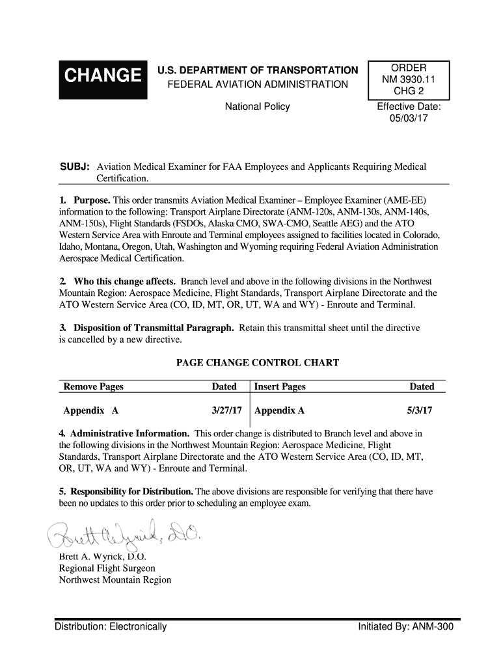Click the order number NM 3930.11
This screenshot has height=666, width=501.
409,79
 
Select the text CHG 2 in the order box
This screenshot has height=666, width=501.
409,91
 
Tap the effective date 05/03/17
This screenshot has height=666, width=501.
409,119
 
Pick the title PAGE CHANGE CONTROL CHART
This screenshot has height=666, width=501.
258,362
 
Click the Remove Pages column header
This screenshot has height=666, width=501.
93,386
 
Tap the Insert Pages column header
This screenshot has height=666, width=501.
280,386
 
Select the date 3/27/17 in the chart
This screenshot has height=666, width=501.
227,411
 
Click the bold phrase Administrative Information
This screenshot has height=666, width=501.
129,433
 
